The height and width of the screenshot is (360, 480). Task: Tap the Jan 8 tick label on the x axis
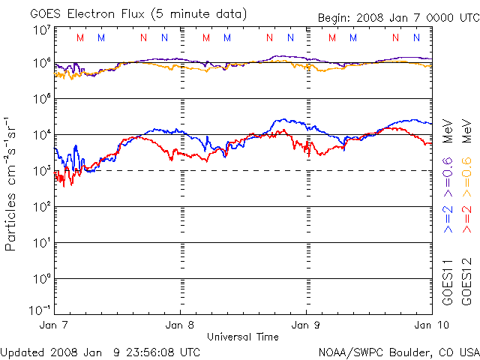(180, 325)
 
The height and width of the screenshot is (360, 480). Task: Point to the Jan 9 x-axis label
(306, 325)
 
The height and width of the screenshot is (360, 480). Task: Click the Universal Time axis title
(242, 337)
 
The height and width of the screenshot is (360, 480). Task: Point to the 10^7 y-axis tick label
(41, 30)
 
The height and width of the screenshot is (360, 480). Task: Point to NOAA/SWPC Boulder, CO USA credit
(398, 352)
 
